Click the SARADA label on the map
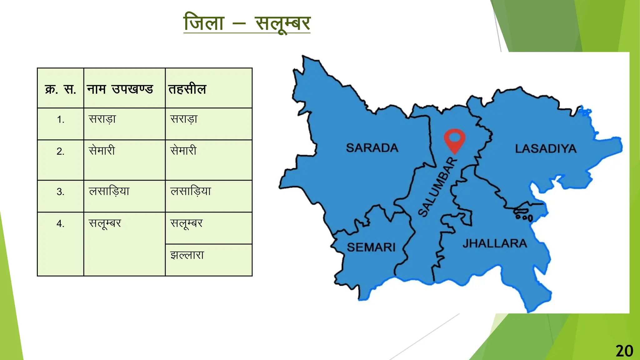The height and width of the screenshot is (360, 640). coord(372,148)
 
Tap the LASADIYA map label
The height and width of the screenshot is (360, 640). coord(545,149)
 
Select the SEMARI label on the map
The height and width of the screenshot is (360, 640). coord(371,247)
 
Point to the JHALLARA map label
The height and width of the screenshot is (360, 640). coord(495,243)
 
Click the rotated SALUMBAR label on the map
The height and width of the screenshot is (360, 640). coord(437,187)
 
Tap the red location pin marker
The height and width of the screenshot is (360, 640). coord(455,139)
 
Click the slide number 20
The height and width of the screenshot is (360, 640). coord(624,351)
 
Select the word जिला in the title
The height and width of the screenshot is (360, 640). coord(204,23)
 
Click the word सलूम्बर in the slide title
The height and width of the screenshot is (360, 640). coord(282,23)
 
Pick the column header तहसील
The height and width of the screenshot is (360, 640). coord(187,89)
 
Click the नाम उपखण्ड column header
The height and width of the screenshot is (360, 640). coord(120,89)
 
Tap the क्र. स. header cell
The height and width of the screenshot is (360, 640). coord(61,89)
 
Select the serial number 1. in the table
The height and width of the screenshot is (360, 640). coord(61,119)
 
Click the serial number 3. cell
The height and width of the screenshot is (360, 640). coord(61,192)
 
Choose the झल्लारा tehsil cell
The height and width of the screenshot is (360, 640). coord(187,255)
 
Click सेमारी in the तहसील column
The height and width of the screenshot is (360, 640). coord(183,151)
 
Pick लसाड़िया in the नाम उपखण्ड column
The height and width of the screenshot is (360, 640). coord(109,191)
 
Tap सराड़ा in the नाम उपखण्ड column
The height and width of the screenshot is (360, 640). coord(102,119)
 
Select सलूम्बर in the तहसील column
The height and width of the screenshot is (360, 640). coord(186,223)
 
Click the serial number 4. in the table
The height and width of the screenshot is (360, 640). coord(61,224)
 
